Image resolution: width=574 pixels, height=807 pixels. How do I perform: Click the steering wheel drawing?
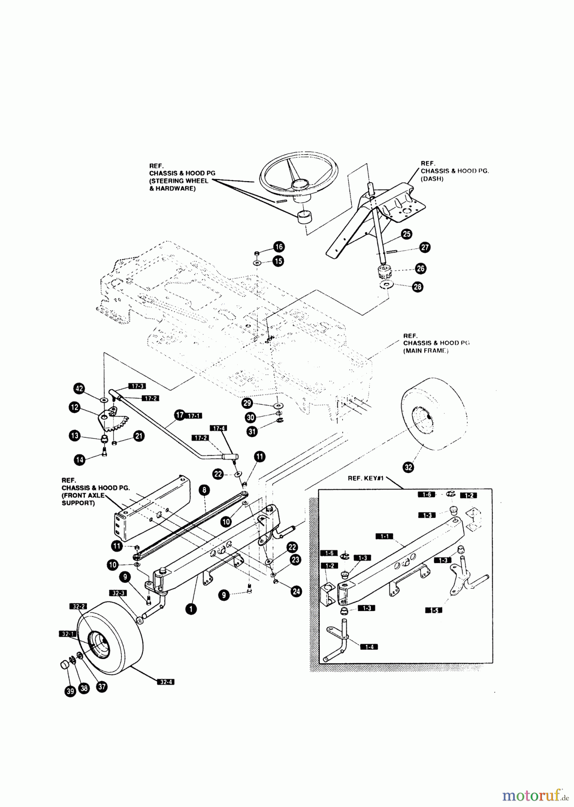pyautogui.click(x=298, y=179)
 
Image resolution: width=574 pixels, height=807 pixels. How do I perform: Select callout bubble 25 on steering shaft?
pyautogui.click(x=406, y=234)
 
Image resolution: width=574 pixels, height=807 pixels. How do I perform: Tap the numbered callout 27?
pyautogui.click(x=425, y=247)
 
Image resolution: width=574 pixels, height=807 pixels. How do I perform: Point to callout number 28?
pyautogui.click(x=417, y=287)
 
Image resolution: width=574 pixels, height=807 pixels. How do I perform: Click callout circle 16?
pyautogui.click(x=279, y=247)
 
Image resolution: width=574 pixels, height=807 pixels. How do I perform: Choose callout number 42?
pyautogui.click(x=79, y=388)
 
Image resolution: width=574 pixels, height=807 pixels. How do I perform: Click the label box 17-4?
pyautogui.click(x=218, y=429)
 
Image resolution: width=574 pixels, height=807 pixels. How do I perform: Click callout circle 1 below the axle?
pyautogui.click(x=192, y=609)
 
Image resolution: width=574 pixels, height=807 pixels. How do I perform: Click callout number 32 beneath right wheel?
pyautogui.click(x=409, y=467)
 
